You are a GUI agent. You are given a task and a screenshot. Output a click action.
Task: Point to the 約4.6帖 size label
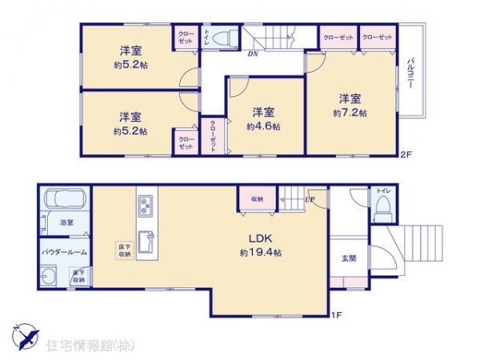[263, 126]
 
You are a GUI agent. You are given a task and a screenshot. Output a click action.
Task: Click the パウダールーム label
[65, 252]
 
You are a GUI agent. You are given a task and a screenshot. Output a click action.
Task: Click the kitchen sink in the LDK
[146, 241]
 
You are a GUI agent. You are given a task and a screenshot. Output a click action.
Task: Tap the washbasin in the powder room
[50, 277]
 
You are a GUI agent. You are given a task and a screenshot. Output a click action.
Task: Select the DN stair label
[252, 54]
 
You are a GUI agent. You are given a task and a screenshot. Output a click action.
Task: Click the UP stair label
[310, 199]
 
